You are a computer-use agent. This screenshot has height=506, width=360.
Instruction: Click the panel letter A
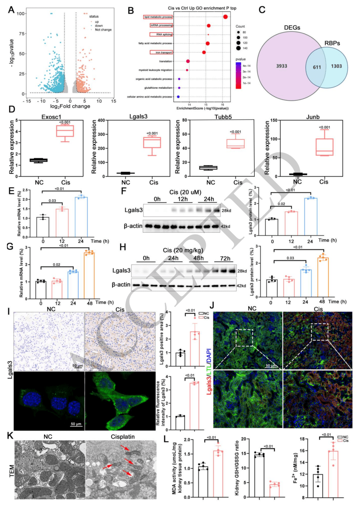(11, 10)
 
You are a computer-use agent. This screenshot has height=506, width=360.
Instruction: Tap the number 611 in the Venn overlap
(317, 67)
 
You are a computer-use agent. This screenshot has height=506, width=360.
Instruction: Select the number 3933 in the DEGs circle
(281, 66)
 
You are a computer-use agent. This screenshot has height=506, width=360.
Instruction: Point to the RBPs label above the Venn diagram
(332, 43)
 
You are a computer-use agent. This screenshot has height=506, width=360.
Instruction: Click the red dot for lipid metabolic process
(225, 17)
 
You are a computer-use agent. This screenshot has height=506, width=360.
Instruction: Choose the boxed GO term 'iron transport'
(161, 52)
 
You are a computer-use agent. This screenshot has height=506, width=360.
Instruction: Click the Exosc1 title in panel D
(51, 117)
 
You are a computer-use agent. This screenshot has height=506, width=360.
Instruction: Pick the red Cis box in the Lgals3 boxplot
(152, 142)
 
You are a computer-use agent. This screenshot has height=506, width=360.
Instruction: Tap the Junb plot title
(313, 117)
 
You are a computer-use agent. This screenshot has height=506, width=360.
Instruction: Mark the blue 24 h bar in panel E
(81, 217)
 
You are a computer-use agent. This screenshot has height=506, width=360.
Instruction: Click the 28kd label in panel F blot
(226, 210)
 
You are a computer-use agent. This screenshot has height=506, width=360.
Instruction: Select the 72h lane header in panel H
(225, 259)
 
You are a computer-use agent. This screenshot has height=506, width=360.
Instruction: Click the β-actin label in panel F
(133, 226)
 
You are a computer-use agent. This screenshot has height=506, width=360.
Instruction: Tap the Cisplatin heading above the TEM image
(123, 437)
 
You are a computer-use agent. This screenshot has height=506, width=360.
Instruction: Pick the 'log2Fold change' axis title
(70, 106)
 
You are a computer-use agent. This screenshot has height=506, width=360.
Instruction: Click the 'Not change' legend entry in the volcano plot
(103, 30)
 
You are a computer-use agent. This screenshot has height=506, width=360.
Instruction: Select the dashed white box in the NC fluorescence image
(244, 338)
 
